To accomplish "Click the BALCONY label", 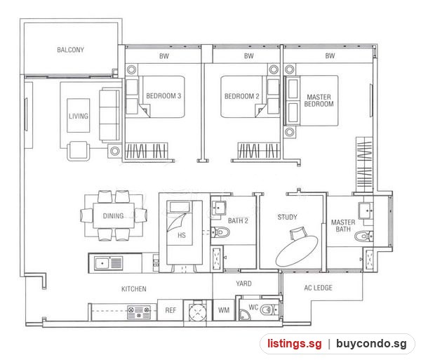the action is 70,50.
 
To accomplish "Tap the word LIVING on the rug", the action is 79,116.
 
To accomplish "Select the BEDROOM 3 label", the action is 163,96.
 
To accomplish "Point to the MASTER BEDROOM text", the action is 319,100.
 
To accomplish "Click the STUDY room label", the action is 287,217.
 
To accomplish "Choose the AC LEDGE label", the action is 318,288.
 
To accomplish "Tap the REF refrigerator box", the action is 171,310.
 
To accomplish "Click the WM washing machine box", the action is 224,310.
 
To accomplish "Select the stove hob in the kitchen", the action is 139,312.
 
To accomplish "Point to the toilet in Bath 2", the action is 221,232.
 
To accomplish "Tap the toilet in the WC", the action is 269,310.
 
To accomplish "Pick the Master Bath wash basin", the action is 366,211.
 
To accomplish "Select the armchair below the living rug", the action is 78,151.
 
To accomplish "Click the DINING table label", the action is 113,215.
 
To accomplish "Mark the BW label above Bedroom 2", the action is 249,56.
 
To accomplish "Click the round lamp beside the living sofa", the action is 115,151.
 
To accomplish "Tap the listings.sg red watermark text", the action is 294,344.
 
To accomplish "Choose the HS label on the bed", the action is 182,235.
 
